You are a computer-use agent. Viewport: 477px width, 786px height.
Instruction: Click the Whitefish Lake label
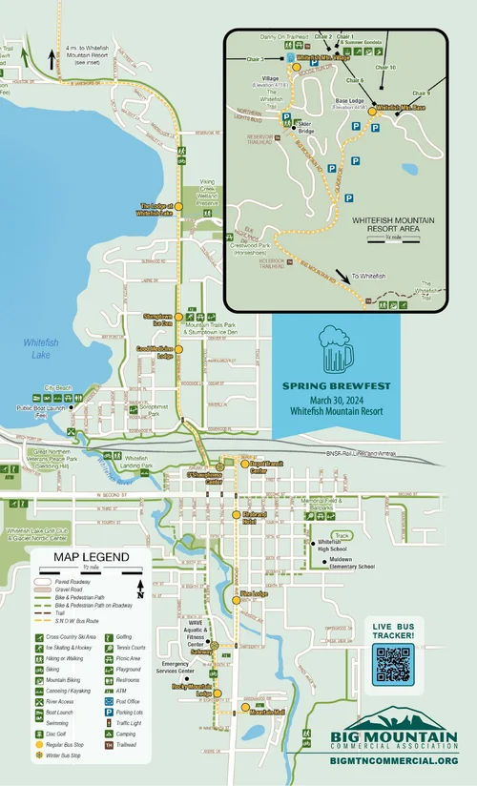click(x=41, y=348)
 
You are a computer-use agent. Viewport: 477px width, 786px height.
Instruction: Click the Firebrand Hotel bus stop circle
click(x=237, y=515)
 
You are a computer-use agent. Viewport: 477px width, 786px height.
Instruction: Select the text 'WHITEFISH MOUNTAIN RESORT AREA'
click(x=392, y=224)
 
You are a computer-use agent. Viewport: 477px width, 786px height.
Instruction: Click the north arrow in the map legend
click(x=141, y=588)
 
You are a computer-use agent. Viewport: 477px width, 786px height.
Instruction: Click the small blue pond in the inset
click(x=408, y=169)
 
